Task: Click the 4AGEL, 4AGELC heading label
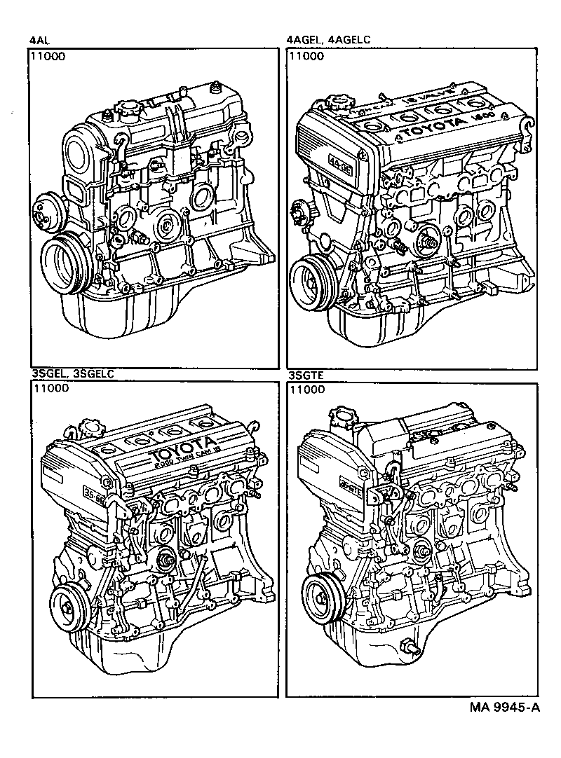[x=324, y=41]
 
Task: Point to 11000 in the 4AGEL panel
[x=306, y=57]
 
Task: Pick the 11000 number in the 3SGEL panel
[x=50, y=388]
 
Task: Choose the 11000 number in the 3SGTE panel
[x=306, y=388]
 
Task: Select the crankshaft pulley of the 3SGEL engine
[x=68, y=603]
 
